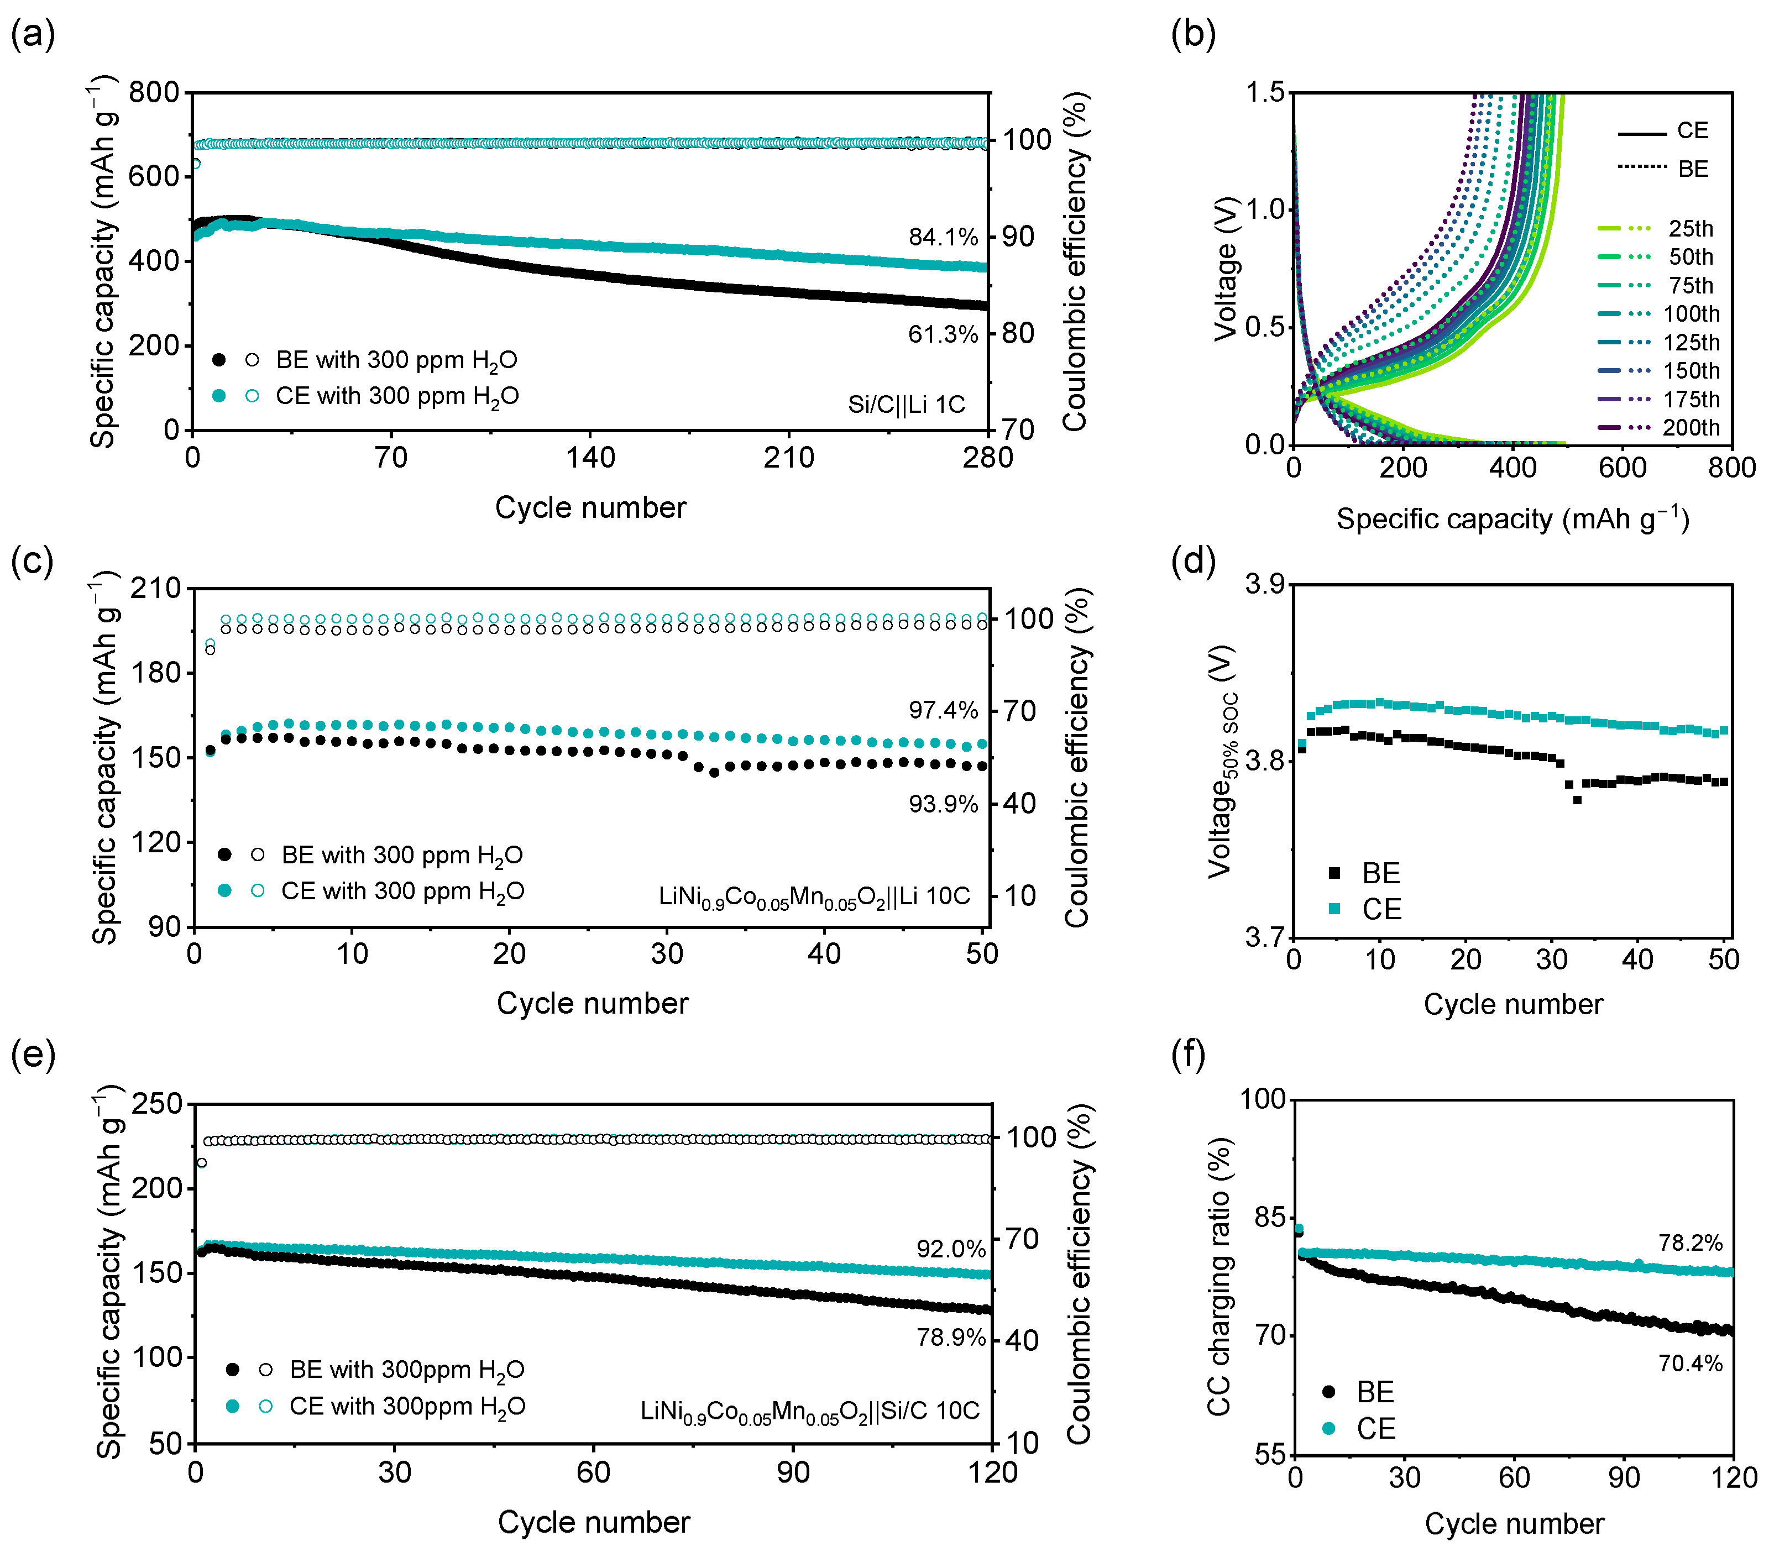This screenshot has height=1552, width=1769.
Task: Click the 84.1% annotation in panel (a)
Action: click(943, 237)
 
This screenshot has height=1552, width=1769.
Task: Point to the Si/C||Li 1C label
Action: click(906, 404)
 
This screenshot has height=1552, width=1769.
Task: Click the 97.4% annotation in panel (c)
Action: click(943, 710)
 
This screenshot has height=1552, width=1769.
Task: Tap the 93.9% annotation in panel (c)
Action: click(943, 804)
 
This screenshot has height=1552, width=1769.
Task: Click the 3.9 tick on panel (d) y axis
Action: click(1264, 584)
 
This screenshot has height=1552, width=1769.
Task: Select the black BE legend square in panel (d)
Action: click(1334, 873)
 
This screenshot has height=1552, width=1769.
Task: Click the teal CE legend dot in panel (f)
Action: click(1328, 1428)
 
